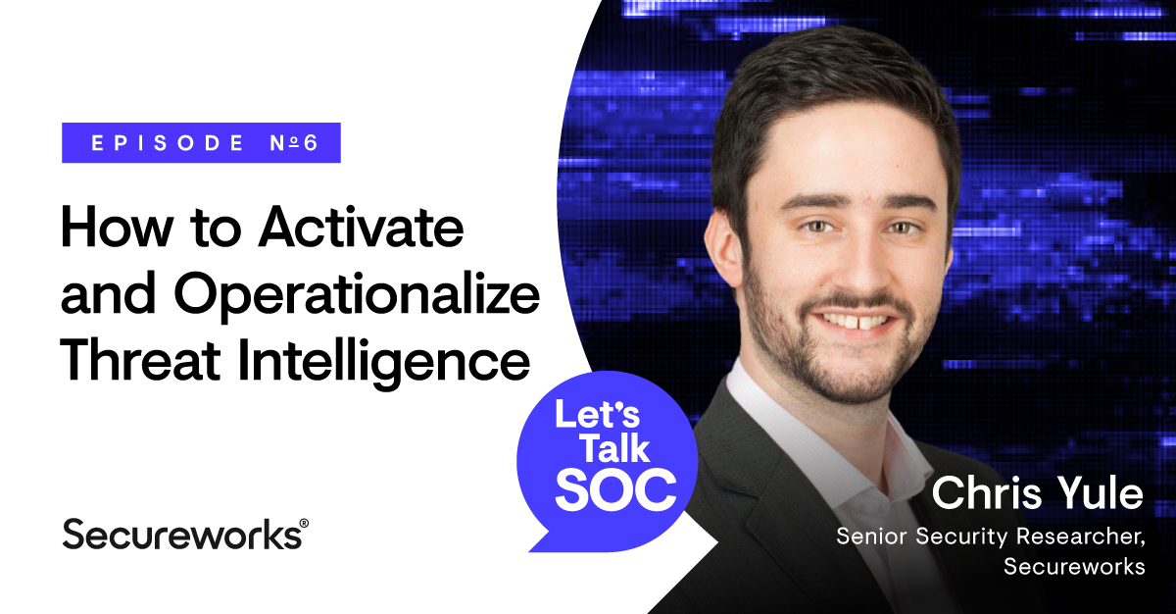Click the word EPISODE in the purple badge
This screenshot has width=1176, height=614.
coord(167,143)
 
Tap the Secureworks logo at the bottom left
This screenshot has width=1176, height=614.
coord(181,534)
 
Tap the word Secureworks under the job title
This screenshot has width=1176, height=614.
coord(1075,567)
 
